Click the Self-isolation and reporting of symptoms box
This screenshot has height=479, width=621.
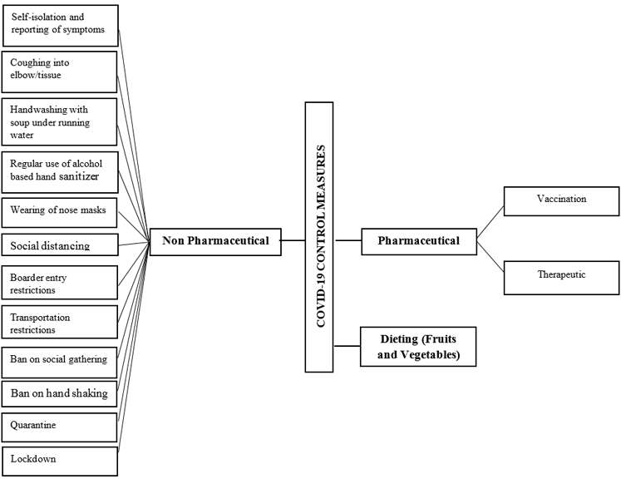[60, 25]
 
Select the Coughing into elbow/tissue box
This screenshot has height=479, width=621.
[60, 72]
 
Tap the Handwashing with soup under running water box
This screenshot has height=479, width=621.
[60, 121]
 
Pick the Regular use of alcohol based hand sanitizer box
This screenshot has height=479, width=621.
[60, 171]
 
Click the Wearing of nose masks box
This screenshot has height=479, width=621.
[60, 211]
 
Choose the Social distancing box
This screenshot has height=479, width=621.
[60, 245]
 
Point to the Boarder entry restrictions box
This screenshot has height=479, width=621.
[60, 284]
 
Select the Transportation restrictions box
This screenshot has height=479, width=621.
[60, 323]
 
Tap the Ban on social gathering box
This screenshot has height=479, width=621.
[60, 359]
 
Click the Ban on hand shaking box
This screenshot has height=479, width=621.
[60, 393]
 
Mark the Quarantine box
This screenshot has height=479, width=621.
[60, 425]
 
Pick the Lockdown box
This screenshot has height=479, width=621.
[60, 458]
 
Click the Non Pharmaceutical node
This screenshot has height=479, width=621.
[214, 241]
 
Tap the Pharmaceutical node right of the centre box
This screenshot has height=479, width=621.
[418, 242]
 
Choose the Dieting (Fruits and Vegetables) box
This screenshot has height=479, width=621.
[417, 347]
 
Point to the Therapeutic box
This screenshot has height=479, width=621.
[561, 275]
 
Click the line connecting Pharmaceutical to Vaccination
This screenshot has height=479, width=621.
[490, 222]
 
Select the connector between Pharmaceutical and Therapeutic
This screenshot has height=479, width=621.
[490, 259]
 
